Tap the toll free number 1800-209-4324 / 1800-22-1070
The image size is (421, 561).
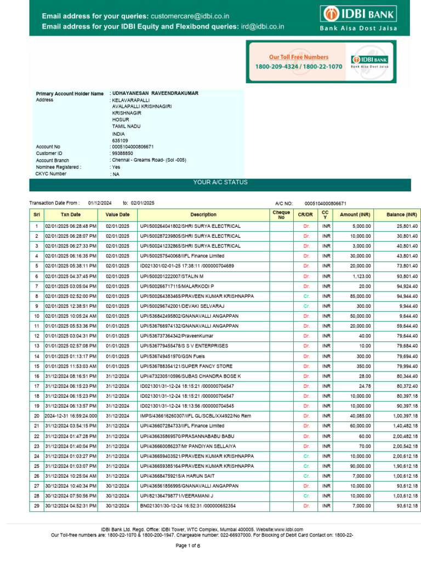point(298,66)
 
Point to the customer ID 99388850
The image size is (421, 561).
point(122,154)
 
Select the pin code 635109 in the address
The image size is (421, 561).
point(120,140)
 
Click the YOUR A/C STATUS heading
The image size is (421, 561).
point(220,182)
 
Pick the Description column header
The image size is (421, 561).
point(203,215)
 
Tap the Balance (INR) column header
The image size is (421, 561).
point(402,215)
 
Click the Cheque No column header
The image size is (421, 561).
point(281,215)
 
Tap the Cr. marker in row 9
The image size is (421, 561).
point(306,306)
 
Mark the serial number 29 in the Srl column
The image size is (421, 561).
point(37,506)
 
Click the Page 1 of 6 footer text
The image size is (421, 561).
point(187,546)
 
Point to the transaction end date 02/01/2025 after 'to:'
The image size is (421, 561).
point(143,203)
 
